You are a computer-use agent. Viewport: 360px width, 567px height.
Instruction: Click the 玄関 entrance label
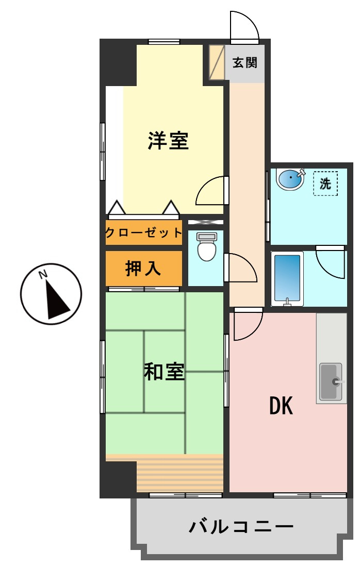pos(244,63)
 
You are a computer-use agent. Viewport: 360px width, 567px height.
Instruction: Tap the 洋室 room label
pos(168,141)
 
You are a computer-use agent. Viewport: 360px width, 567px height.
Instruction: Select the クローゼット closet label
pos(144,232)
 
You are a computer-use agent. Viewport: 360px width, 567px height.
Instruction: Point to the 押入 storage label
pos(143,269)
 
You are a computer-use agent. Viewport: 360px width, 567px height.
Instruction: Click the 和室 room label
pos(164,372)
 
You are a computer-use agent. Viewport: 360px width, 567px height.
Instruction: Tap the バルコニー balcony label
pos(241,527)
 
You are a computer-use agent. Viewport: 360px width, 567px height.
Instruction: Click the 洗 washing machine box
pos(325,184)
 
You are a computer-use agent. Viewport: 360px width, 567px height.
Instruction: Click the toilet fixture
pos(207,247)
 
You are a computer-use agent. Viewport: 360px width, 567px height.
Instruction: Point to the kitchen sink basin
pos(331,382)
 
